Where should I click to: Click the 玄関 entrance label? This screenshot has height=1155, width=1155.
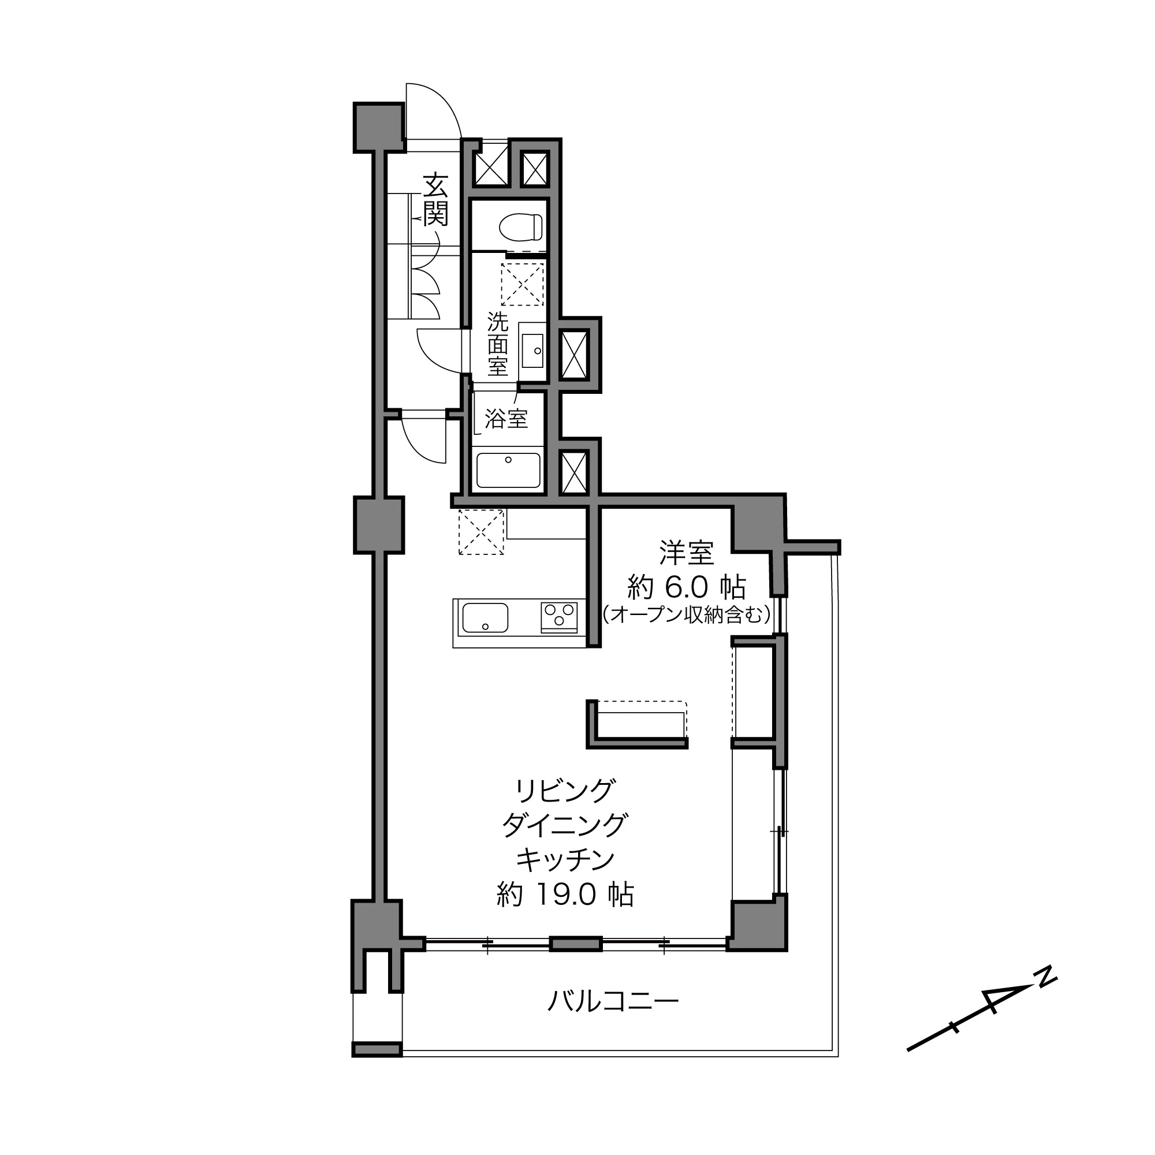[436, 200]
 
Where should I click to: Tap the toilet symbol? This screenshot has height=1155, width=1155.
[520, 227]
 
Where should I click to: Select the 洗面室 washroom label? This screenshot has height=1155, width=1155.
[497, 344]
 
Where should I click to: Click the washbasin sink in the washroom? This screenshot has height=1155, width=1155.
[532, 351]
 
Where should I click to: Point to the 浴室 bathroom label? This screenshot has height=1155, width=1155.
[506, 419]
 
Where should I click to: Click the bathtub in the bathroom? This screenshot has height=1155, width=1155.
[508, 470]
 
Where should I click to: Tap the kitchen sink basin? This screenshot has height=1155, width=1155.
[486, 617]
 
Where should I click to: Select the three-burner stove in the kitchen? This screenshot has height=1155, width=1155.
[559, 617]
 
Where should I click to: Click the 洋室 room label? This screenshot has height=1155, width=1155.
[686, 553]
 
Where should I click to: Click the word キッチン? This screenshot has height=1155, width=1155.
[565, 860]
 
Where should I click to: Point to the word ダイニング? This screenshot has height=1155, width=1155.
[565, 825]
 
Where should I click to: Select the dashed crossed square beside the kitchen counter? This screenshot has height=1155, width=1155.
[481, 532]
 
